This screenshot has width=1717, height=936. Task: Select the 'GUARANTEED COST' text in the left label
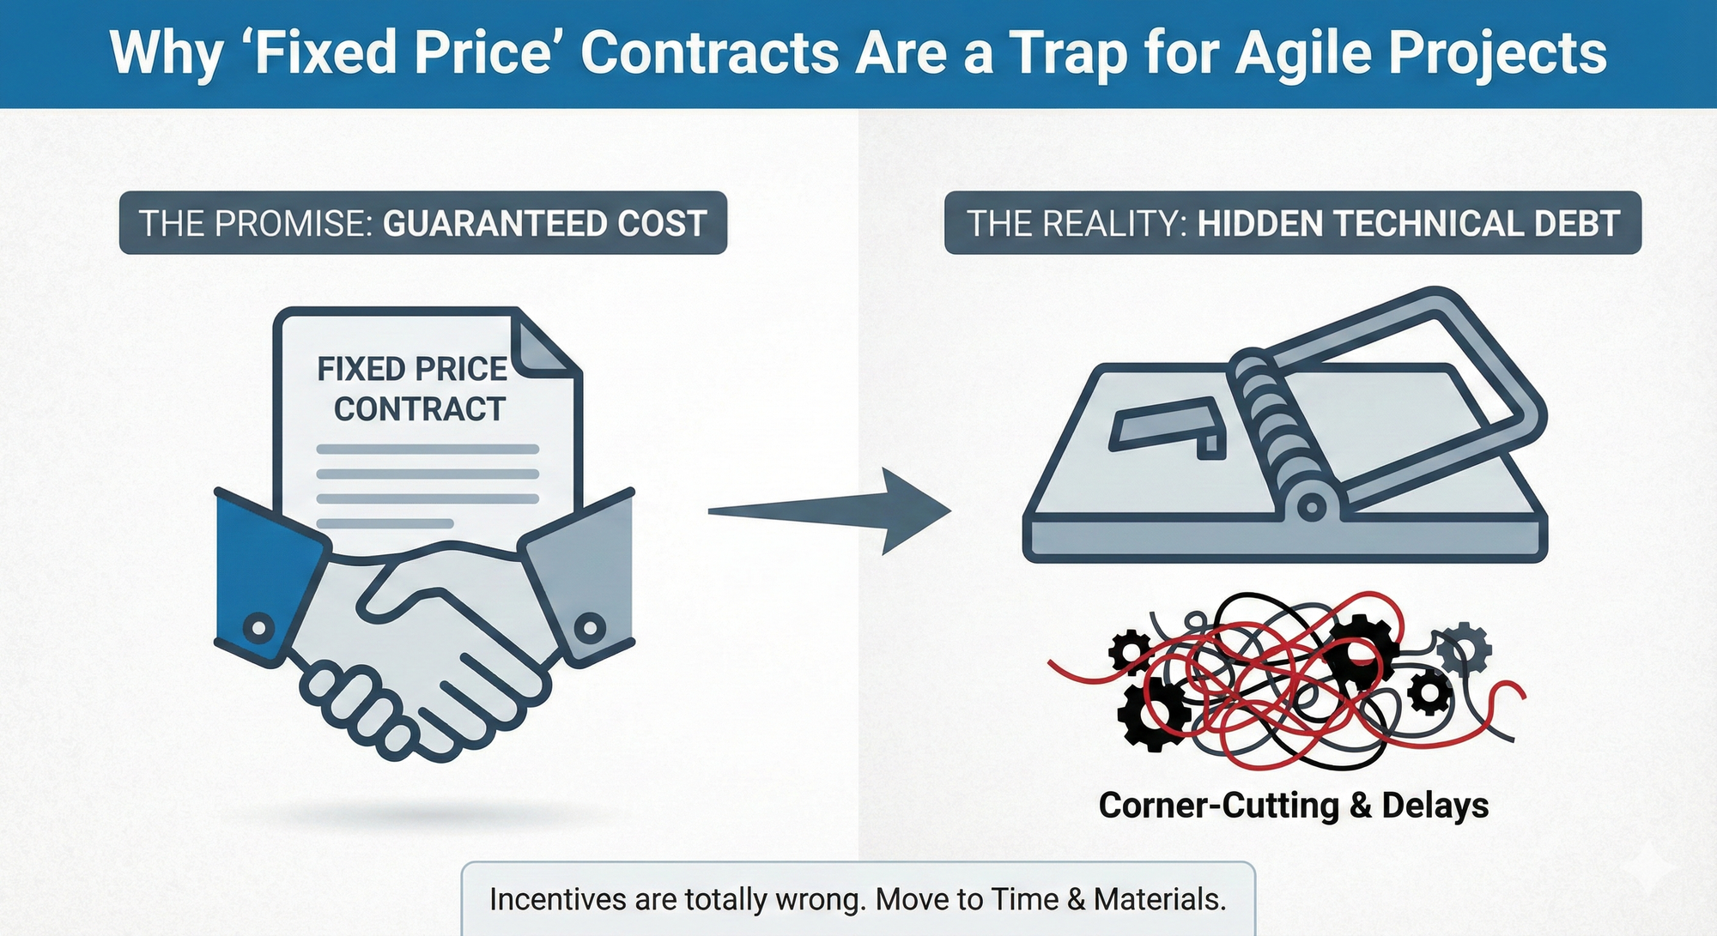tap(544, 224)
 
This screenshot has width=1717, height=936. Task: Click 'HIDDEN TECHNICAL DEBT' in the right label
tap(1408, 224)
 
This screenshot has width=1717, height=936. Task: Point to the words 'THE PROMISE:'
tap(256, 224)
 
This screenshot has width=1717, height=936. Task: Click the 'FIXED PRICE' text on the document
tap(412, 369)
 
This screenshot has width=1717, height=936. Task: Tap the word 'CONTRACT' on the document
tap(420, 409)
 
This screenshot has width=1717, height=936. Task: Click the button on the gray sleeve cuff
tap(589, 627)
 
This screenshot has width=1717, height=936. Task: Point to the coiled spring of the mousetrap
tap(1271, 420)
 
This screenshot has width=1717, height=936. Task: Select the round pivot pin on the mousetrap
tap(1311, 507)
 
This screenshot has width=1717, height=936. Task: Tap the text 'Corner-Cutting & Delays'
tap(1293, 806)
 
